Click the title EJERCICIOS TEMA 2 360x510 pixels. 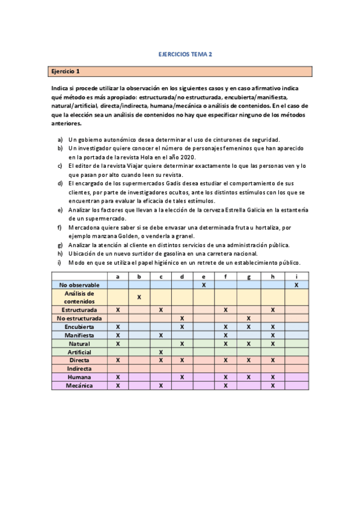tap(180, 54)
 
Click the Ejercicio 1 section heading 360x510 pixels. tap(66, 72)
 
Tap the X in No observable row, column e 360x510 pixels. tap(204, 284)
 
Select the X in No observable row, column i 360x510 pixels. tap(297, 284)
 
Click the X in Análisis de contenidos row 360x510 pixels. tap(139, 297)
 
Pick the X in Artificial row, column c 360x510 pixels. tap(161, 351)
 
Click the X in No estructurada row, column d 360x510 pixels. tap(182, 318)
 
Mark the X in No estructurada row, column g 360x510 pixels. tap(248, 318)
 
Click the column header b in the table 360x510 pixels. tap(139, 276)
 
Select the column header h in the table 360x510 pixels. tap(272, 276)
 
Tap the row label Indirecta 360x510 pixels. tap(79, 368)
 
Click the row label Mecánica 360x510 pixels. tap(79, 385)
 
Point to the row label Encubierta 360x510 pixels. tap(79, 326)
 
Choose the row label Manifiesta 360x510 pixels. tap(79, 334)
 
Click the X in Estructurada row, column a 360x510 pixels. tap(118, 309)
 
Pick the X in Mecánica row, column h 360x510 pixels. tap(272, 385)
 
